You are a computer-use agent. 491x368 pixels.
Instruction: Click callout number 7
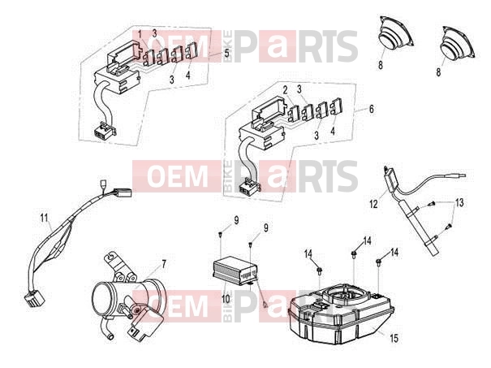click(164, 264)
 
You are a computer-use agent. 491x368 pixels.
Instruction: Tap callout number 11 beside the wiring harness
click(45, 218)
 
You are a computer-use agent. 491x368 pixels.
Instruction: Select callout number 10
click(226, 299)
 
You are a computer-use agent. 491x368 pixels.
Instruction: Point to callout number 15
click(394, 338)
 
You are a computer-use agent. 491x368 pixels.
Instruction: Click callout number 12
click(373, 204)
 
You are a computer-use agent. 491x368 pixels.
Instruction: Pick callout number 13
click(459, 203)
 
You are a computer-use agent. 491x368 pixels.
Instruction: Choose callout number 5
click(226, 53)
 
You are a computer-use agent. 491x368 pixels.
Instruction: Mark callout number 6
click(371, 109)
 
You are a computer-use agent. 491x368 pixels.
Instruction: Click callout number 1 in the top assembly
click(140, 33)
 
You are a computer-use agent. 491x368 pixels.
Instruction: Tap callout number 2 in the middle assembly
click(285, 90)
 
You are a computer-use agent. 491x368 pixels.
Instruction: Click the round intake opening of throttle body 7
click(101, 298)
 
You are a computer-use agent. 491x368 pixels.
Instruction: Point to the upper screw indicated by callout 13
click(431, 204)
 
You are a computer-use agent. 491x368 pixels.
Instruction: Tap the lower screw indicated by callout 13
click(448, 225)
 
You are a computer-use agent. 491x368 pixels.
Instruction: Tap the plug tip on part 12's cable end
click(459, 176)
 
